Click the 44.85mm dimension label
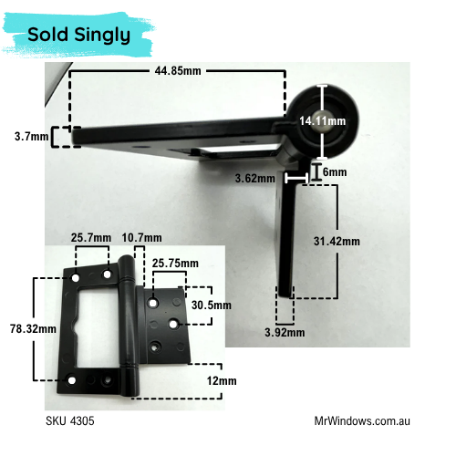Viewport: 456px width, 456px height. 178,71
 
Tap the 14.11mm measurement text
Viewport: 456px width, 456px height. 323,121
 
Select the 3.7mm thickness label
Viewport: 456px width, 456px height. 32,137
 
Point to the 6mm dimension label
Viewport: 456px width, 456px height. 335,172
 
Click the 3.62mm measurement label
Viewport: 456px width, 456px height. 255,178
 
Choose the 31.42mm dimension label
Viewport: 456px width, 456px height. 337,242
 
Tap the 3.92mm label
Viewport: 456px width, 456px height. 285,332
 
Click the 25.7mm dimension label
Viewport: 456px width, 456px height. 91,237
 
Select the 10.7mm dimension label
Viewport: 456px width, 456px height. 141,237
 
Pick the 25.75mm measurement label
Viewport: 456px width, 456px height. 175,264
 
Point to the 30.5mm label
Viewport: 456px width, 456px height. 212,305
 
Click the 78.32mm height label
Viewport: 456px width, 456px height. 33,328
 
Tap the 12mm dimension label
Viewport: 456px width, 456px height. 222,380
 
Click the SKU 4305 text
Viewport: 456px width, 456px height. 70,421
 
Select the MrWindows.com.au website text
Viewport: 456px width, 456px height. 362,421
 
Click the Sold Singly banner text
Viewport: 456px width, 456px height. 79,35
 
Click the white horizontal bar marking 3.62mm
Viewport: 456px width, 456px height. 296,178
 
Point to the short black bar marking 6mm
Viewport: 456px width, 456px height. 316,172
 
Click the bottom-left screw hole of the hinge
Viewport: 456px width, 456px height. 72,380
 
